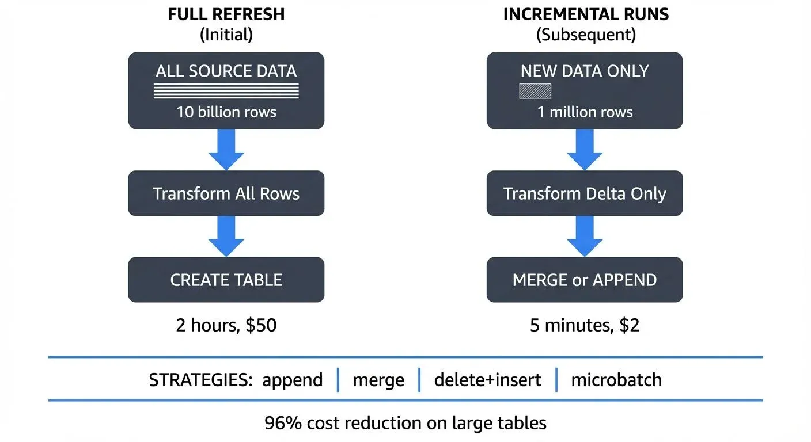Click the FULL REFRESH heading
(x=226, y=14)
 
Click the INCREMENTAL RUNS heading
(x=586, y=14)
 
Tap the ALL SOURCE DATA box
(x=226, y=90)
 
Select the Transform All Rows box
(x=226, y=193)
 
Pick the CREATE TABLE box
(x=226, y=280)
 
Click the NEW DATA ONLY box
(x=585, y=90)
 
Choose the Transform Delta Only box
(x=585, y=193)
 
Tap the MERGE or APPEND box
(x=585, y=280)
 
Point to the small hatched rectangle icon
(x=535, y=91)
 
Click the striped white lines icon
(x=226, y=91)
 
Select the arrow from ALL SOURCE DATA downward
(x=226, y=150)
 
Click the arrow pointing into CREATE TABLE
(x=226, y=237)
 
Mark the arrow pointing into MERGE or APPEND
(x=585, y=237)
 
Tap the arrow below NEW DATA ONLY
(x=585, y=150)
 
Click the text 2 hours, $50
(x=226, y=326)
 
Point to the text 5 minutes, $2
(x=585, y=326)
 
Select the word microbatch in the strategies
(x=616, y=380)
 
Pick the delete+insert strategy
(x=487, y=380)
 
